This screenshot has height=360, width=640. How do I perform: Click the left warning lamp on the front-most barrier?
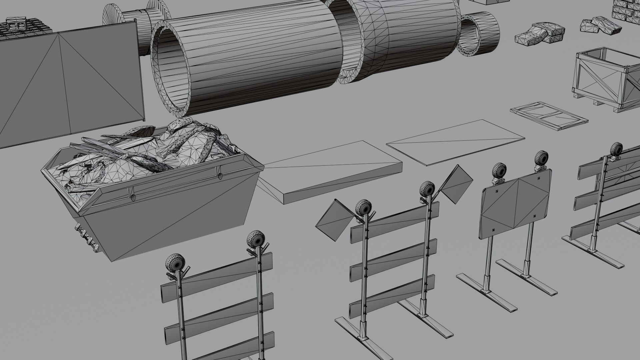pos(174,263)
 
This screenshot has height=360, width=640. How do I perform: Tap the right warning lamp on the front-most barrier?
pos(256,240)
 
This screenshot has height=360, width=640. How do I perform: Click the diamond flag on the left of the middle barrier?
pos(335,220)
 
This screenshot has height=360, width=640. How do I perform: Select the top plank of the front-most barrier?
pos(217,277)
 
